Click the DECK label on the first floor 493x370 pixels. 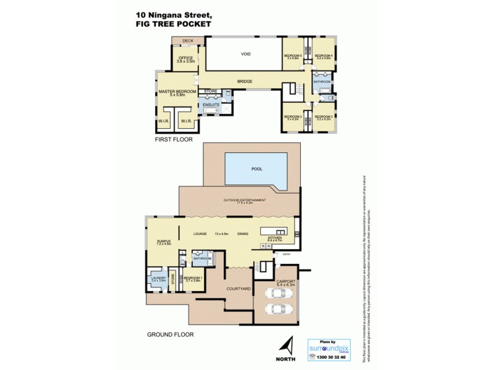pyautogui.click(x=188, y=41)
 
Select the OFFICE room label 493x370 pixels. pyautogui.click(x=185, y=59)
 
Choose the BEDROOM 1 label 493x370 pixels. pyautogui.click(x=193, y=279)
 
